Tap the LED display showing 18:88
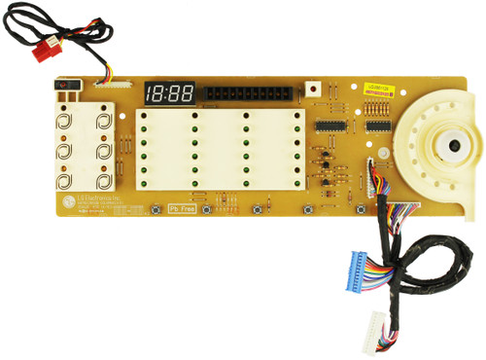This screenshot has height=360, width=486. (169, 93)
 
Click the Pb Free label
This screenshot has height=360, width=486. (182, 208)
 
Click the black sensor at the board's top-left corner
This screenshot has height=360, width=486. (63, 87)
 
